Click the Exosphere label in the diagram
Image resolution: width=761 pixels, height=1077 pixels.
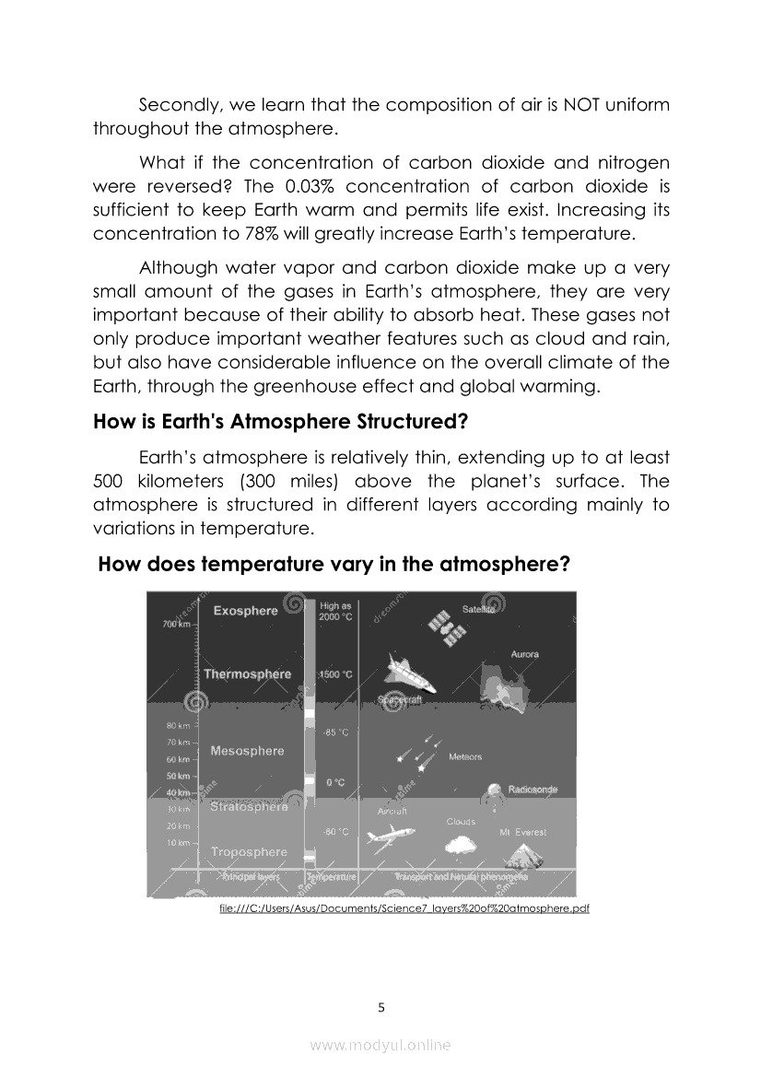[x=245, y=611]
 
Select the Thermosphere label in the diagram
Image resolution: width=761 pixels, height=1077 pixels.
[x=247, y=674]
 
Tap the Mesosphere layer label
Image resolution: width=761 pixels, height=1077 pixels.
[x=247, y=751]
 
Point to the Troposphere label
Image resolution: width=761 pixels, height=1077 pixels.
[x=249, y=852]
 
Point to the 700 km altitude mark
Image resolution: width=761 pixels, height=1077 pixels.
[x=178, y=625]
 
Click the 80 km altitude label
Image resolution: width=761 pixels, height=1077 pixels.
[x=177, y=726]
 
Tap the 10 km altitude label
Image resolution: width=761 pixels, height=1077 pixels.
[x=177, y=843]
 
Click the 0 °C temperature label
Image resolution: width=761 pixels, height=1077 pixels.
[x=335, y=782]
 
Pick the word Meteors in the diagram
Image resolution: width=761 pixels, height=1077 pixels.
[x=464, y=757]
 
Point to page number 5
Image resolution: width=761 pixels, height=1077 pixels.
[x=381, y=1007]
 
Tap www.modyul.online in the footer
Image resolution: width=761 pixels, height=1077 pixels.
[x=380, y=1045]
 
